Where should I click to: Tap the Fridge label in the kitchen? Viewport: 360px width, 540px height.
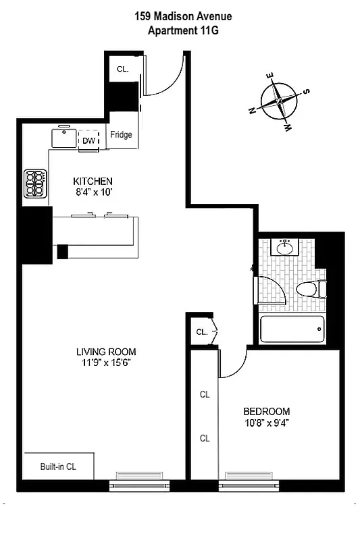point(122,135)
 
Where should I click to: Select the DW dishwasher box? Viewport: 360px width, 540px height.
point(88,140)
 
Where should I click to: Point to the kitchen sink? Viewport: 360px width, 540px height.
point(65,139)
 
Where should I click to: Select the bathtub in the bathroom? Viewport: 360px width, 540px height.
point(292,329)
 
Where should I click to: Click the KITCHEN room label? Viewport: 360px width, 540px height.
point(93,182)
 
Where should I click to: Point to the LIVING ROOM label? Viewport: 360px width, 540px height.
point(106,352)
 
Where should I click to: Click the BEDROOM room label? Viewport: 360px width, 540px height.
point(266,411)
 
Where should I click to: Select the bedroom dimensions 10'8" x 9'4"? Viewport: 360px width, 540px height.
point(266,423)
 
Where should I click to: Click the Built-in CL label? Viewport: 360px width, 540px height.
point(58,466)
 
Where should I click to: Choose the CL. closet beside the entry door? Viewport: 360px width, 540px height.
point(123,69)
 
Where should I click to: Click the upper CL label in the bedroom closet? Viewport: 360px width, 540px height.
point(204,395)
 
